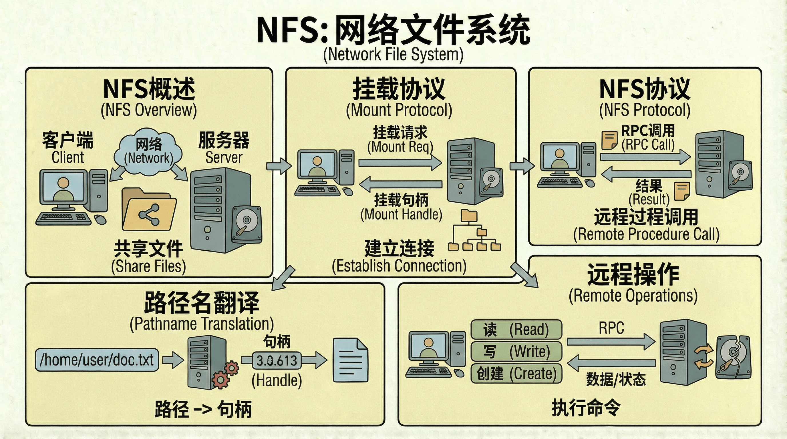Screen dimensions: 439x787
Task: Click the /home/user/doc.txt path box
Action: [x=97, y=360]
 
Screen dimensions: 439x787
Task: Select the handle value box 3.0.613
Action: [x=277, y=360]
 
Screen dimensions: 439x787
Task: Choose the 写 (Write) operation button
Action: [x=516, y=351]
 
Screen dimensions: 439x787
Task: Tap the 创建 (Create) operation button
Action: [x=516, y=373]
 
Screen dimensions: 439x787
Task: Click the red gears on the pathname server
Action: [x=225, y=375]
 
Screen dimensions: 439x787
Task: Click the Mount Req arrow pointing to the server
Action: [x=400, y=162]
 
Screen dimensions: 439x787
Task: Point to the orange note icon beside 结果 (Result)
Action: [x=681, y=191]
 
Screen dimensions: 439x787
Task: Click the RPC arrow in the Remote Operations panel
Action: [x=611, y=341]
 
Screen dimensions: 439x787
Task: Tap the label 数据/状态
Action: [x=616, y=380]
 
